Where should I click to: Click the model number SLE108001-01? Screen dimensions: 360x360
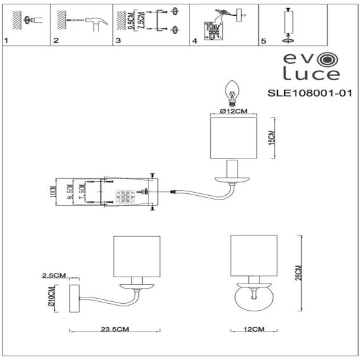309,92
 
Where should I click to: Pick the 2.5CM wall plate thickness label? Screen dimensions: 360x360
54,276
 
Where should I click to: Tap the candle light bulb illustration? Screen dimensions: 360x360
232,92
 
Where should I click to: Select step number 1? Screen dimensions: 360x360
6,41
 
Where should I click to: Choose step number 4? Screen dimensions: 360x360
195,41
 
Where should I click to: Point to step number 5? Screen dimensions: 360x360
263,41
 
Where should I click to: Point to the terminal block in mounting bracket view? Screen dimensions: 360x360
126,196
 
